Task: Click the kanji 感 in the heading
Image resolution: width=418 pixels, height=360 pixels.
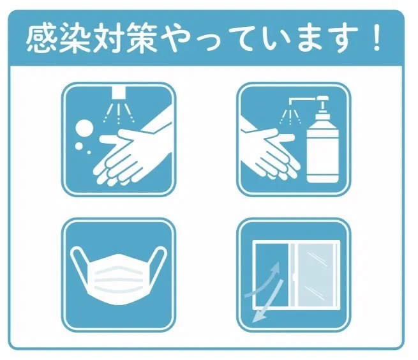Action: pos(42,38)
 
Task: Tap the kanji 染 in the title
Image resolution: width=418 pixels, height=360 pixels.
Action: pos(75,38)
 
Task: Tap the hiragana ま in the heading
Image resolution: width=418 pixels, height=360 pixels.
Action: pos(310,38)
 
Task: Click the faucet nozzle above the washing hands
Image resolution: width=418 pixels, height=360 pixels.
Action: pos(119,93)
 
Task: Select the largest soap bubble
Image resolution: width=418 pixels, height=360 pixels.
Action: pos(84,128)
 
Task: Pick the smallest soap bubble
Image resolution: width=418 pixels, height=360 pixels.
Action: pos(89,153)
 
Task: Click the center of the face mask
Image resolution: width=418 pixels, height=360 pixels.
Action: pos(119,279)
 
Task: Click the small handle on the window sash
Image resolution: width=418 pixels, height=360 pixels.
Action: pos(294,277)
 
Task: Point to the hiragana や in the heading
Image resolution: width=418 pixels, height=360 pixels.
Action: pos(174,38)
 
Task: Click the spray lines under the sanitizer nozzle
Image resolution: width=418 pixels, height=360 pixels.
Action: pos(290,117)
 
